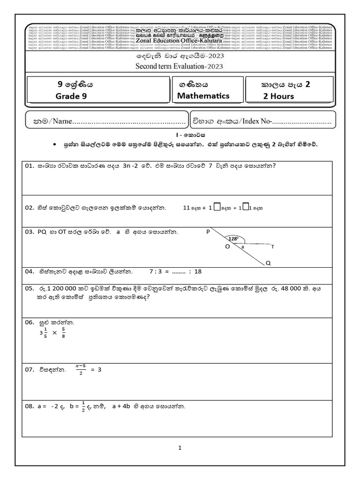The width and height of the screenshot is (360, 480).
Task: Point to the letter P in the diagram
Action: coord(208,231)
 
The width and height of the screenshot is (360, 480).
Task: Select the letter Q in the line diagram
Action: coord(268,263)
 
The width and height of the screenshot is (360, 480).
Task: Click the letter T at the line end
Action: coord(272,247)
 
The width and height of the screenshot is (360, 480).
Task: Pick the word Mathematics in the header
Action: coord(203,96)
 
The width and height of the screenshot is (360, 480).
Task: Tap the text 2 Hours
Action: coord(278,97)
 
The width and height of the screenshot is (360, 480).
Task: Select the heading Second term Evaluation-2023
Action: coord(179,66)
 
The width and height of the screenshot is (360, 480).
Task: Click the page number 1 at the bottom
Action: coord(180,448)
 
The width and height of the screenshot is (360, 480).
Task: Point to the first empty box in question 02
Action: coord(217,209)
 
